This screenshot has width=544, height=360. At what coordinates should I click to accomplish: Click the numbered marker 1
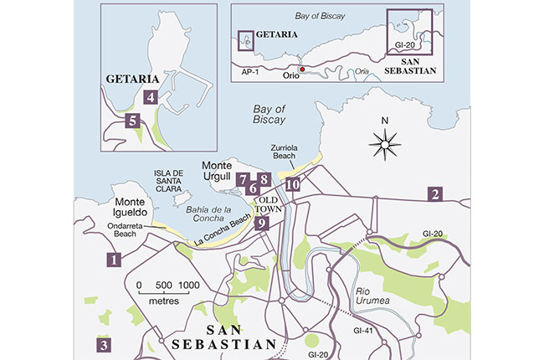point(111,260)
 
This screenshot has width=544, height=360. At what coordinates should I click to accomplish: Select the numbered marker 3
point(104,344)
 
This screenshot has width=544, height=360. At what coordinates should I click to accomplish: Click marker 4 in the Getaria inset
point(151,97)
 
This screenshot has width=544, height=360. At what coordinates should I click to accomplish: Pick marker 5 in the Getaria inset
point(132,121)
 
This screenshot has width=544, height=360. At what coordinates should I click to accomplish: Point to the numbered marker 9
point(261,223)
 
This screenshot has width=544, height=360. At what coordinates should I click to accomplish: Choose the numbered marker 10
point(292,185)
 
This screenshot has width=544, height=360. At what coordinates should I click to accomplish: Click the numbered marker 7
point(243,179)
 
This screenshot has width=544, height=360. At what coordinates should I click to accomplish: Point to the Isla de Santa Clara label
point(174,182)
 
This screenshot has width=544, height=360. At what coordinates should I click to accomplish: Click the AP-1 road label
point(249,73)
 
